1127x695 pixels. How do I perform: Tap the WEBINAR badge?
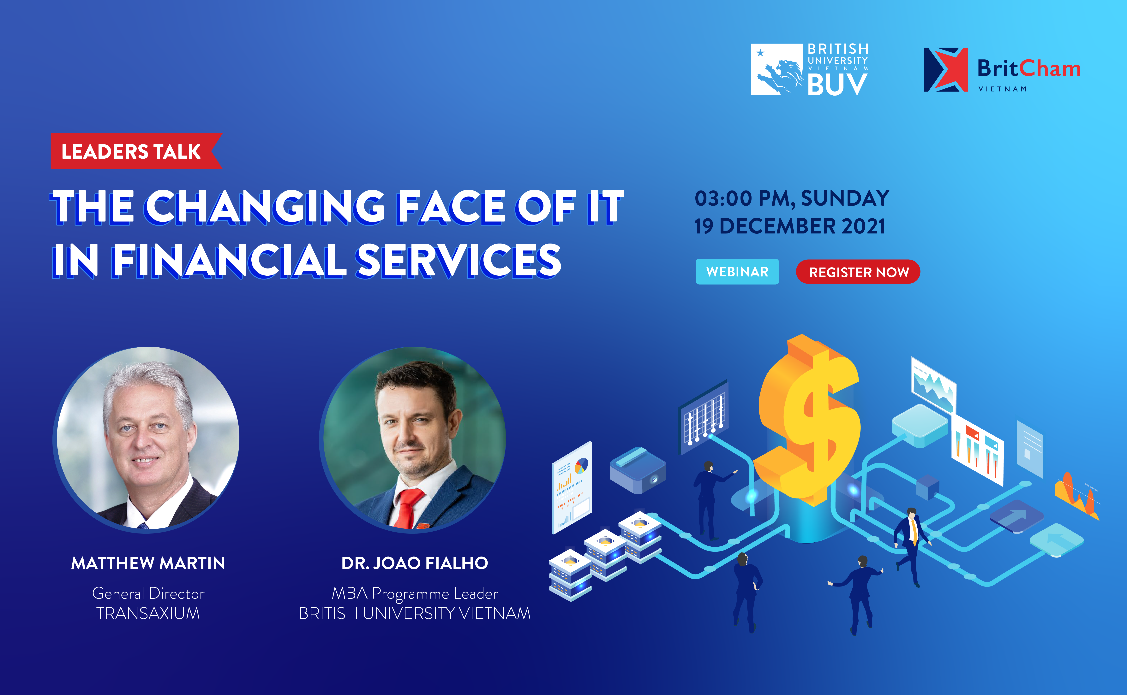click(737, 272)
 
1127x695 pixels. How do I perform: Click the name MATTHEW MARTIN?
click(148, 563)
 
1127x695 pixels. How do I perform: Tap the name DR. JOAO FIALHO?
click(415, 563)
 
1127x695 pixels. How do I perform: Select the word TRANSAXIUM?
click(148, 613)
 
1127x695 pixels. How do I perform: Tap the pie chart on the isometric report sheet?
click(581, 466)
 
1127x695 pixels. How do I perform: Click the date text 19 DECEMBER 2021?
click(789, 226)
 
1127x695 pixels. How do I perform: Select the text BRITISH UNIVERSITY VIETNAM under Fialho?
click(415, 613)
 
